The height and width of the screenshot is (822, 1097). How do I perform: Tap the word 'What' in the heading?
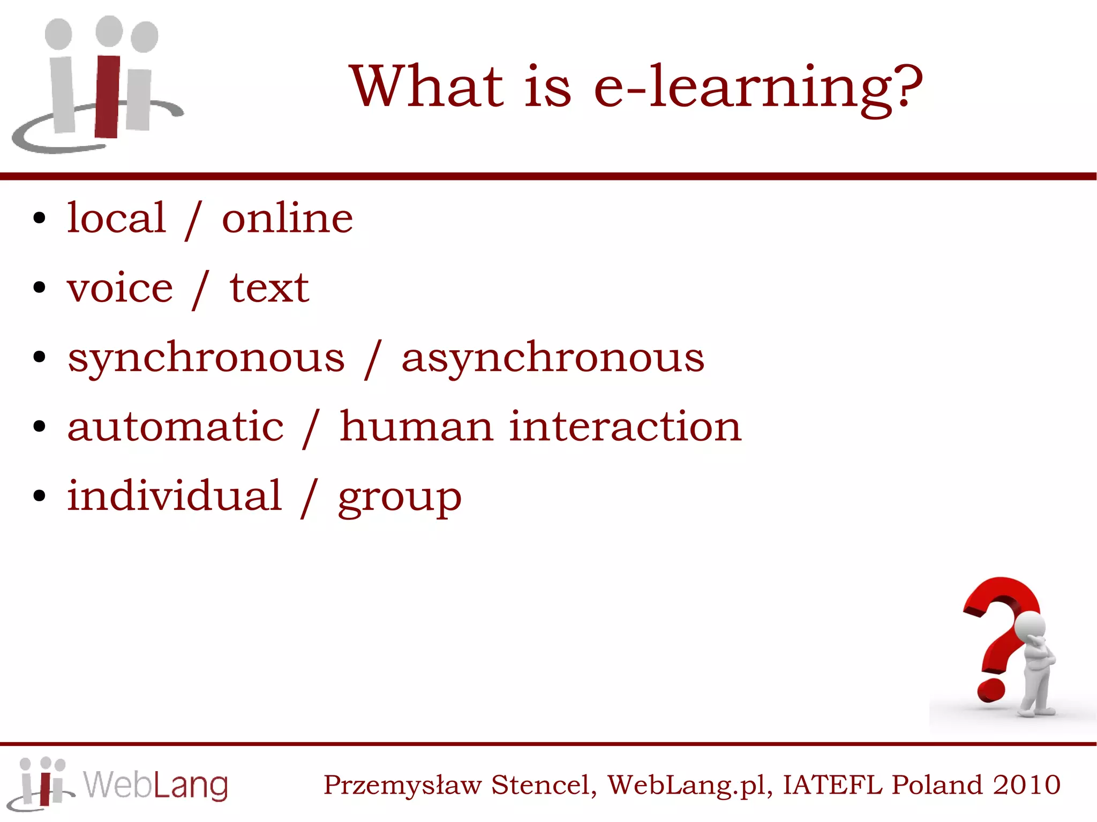pos(426,86)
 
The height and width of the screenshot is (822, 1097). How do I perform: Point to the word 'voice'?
pos(120,288)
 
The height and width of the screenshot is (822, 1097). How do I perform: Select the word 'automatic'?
pos(176,427)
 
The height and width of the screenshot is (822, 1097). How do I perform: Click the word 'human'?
pos(416,427)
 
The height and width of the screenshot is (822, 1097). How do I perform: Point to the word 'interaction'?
pos(625,427)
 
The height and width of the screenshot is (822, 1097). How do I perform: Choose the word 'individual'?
pos(174,495)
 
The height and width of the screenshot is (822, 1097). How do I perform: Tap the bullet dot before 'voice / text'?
pos(39,288)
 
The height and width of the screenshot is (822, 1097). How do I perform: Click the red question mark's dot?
pos(990,690)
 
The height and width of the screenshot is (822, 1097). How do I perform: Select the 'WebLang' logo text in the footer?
pos(155,786)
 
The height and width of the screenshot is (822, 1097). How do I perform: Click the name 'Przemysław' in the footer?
pos(402,786)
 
